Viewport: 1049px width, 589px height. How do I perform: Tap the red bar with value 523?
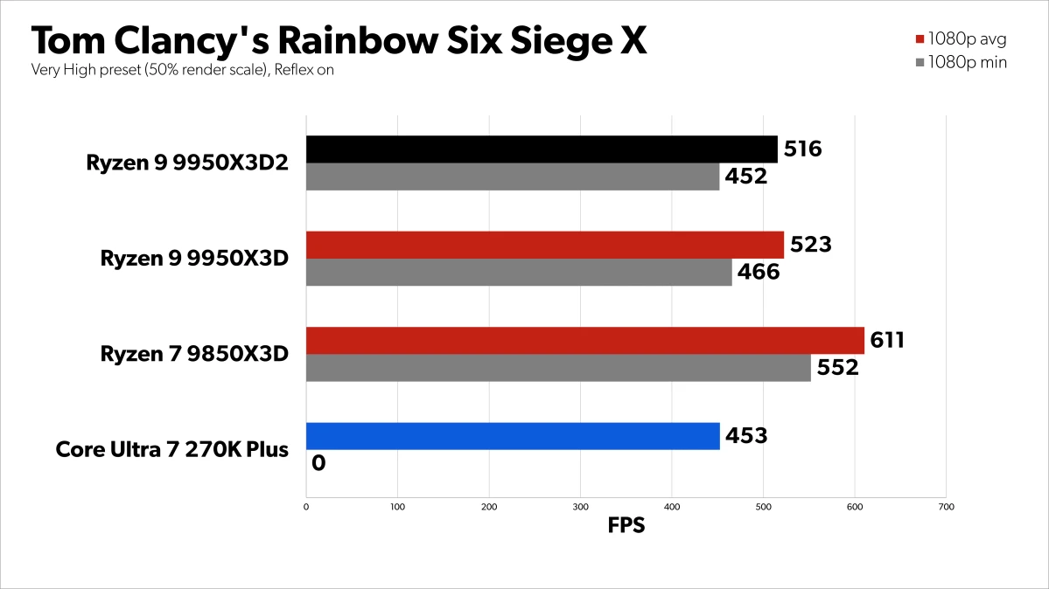pyautogui.click(x=544, y=246)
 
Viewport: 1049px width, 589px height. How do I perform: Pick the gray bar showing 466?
pyautogui.click(x=518, y=273)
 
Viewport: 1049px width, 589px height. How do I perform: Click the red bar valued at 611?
pyautogui.click(x=584, y=341)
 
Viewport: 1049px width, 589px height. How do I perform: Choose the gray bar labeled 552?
pyautogui.click(x=558, y=368)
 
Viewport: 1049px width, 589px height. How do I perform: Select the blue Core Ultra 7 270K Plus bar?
pyautogui.click(x=512, y=436)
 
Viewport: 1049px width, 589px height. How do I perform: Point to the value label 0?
pyautogui.click(x=318, y=463)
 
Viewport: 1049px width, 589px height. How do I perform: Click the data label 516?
pyautogui.click(x=803, y=149)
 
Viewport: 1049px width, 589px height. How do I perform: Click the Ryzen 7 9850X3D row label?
pyautogui.click(x=194, y=354)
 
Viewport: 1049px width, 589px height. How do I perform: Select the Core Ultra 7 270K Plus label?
pyautogui.click(x=171, y=450)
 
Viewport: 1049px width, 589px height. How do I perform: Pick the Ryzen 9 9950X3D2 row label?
pyautogui.click(x=187, y=163)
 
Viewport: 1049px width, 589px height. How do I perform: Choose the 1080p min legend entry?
pyautogui.click(x=960, y=62)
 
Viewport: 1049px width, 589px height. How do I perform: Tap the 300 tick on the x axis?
pyautogui.click(x=580, y=506)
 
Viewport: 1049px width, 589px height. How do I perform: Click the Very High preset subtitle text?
pyautogui.click(x=183, y=70)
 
